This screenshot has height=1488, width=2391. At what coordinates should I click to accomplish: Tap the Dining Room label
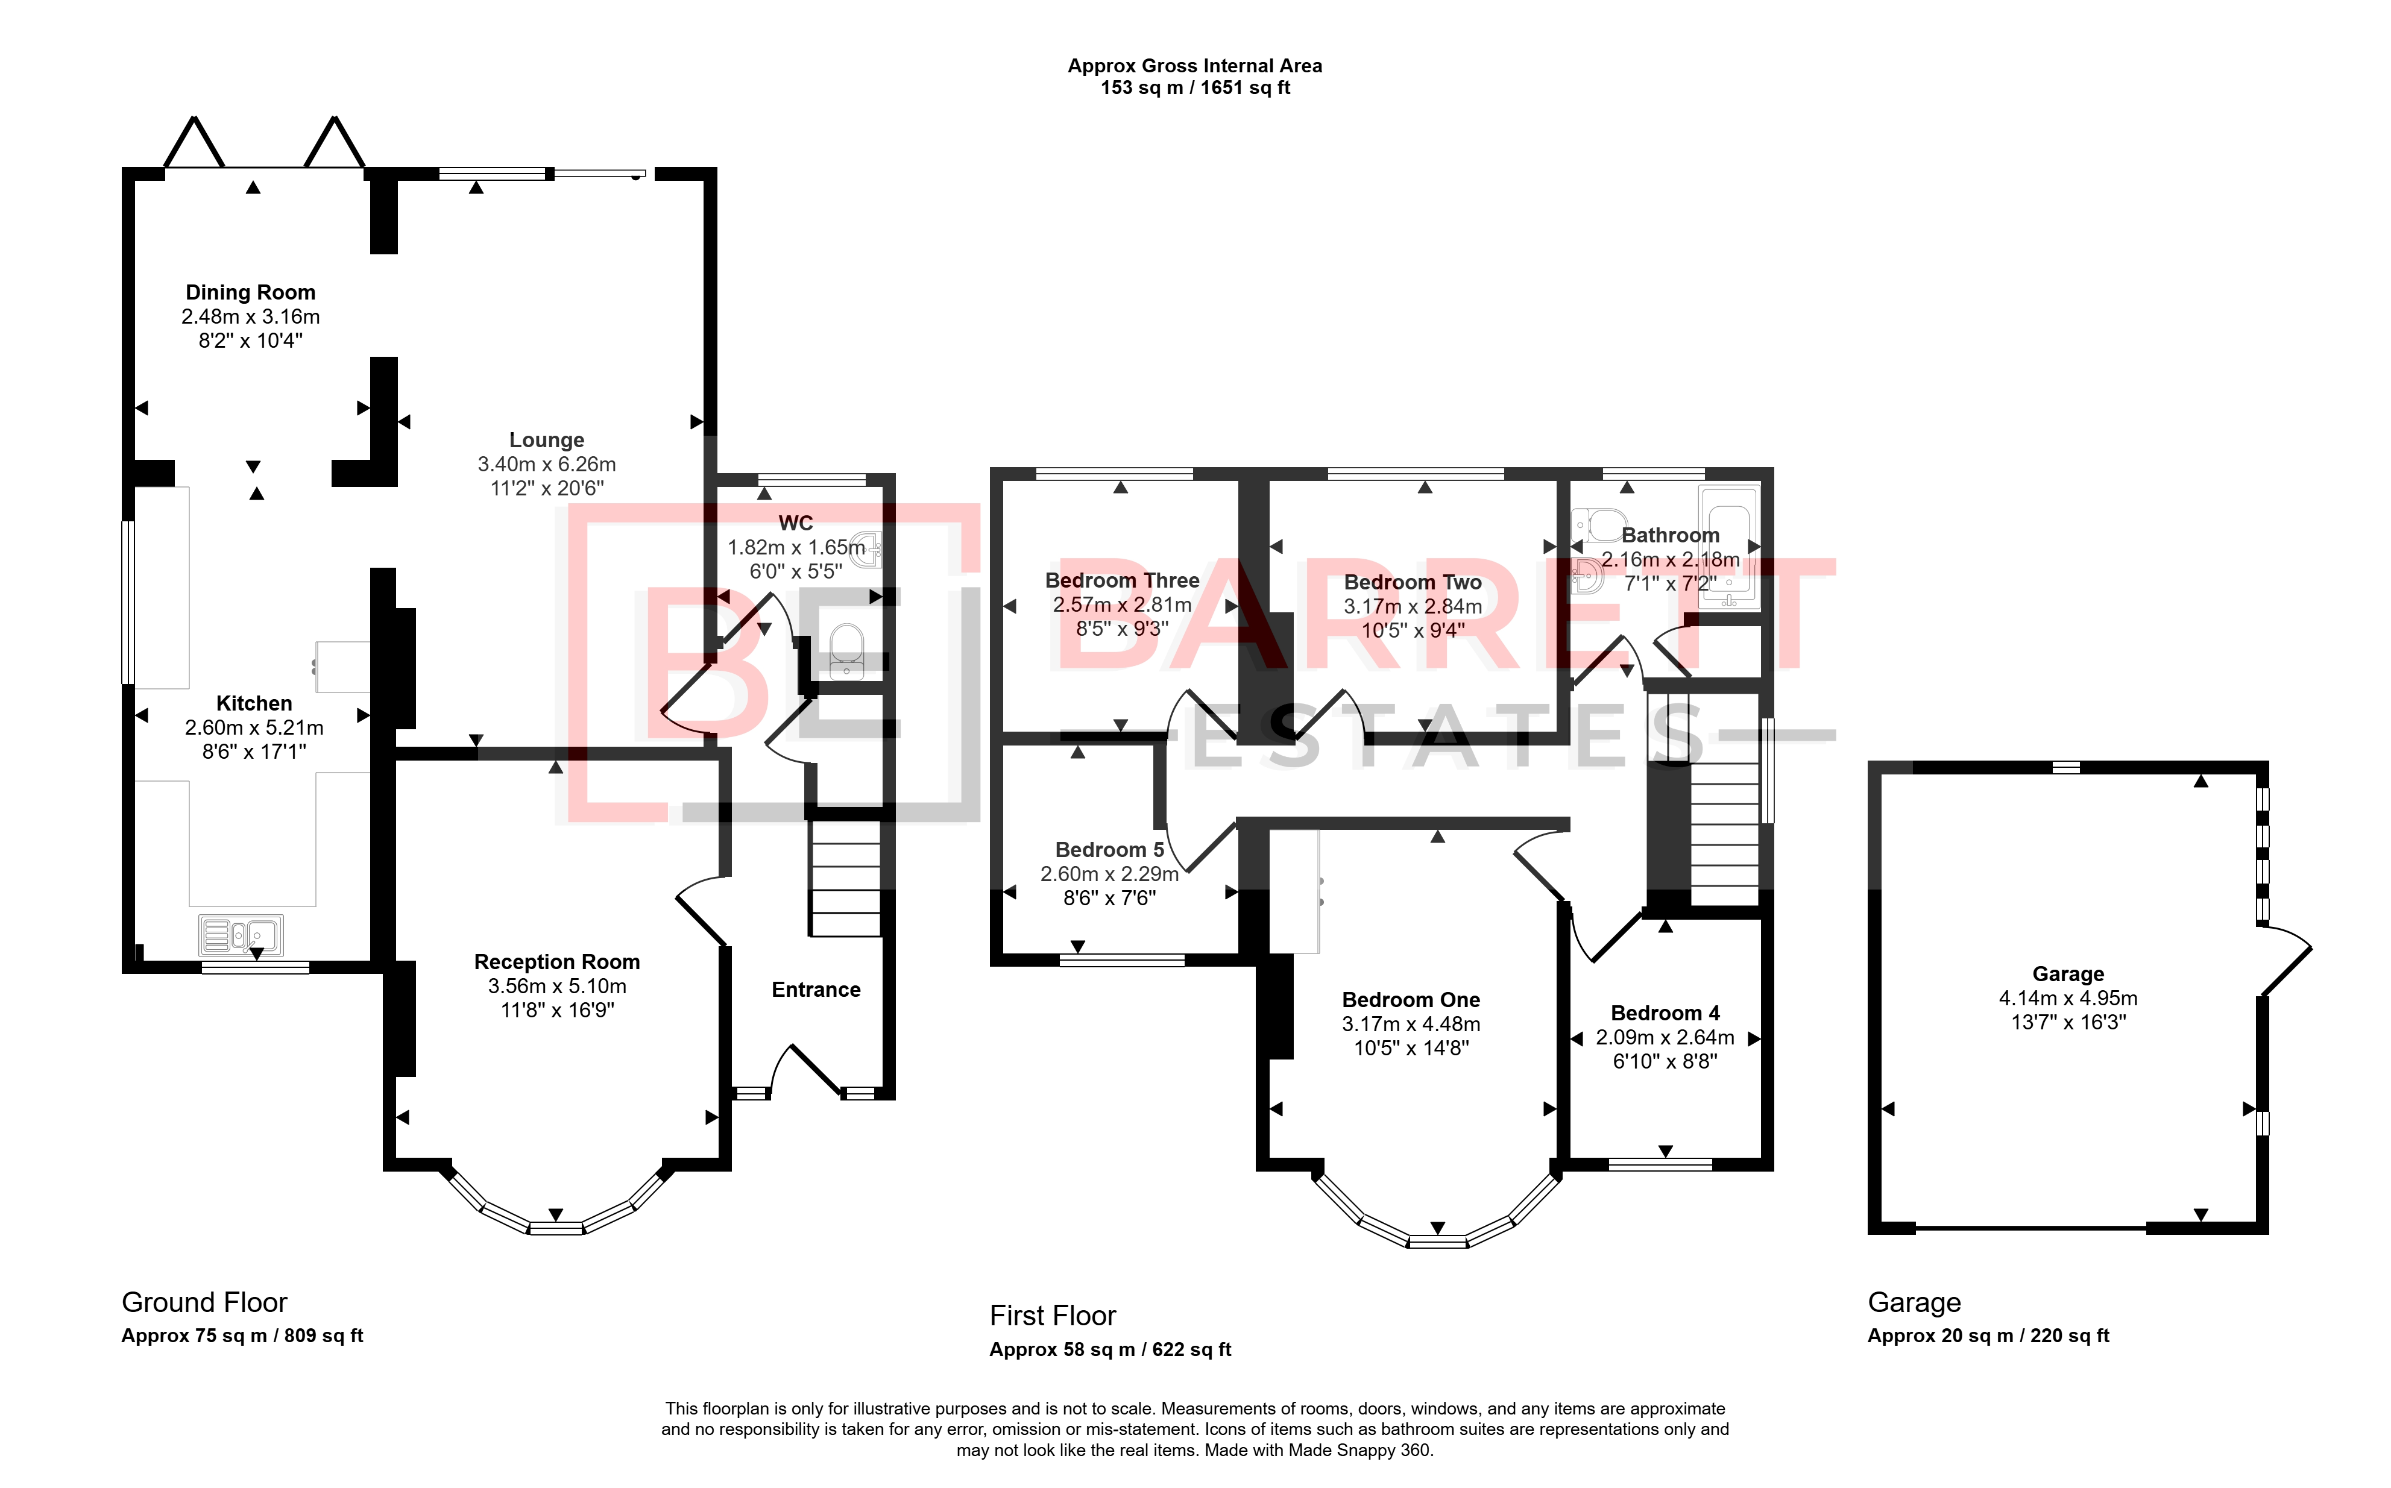pos(251,292)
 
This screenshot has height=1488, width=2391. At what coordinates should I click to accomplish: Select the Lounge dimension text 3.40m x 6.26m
pos(546,463)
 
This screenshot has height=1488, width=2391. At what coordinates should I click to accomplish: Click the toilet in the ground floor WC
pos(846,650)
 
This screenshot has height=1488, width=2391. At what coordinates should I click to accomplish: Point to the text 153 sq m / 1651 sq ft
pos(1195,87)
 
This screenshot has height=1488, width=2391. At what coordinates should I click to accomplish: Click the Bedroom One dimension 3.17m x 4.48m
pos(1411,1023)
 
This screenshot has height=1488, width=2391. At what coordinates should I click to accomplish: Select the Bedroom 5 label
pos(1109,849)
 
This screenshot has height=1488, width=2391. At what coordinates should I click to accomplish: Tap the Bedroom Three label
pos(1122,580)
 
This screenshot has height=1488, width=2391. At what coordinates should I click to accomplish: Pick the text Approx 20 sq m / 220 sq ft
pos(1988,1336)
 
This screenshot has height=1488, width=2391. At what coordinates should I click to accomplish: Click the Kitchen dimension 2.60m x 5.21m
pos(254,727)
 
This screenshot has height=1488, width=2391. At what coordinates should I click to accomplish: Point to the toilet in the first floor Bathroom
pos(1596,524)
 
